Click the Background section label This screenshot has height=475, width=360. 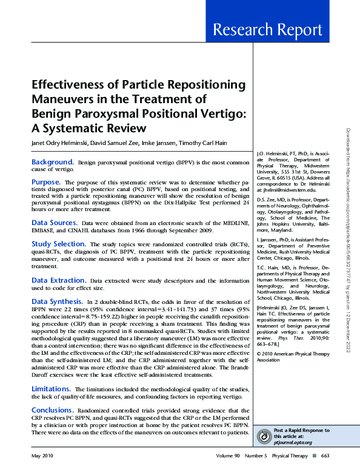pyautogui.click(x=53, y=163)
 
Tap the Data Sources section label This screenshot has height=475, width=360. pyautogui.click(x=55, y=223)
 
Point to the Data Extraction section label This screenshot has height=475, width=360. pyautogui.click(x=58, y=280)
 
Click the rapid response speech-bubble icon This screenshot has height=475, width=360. pyautogui.click(x=264, y=436)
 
